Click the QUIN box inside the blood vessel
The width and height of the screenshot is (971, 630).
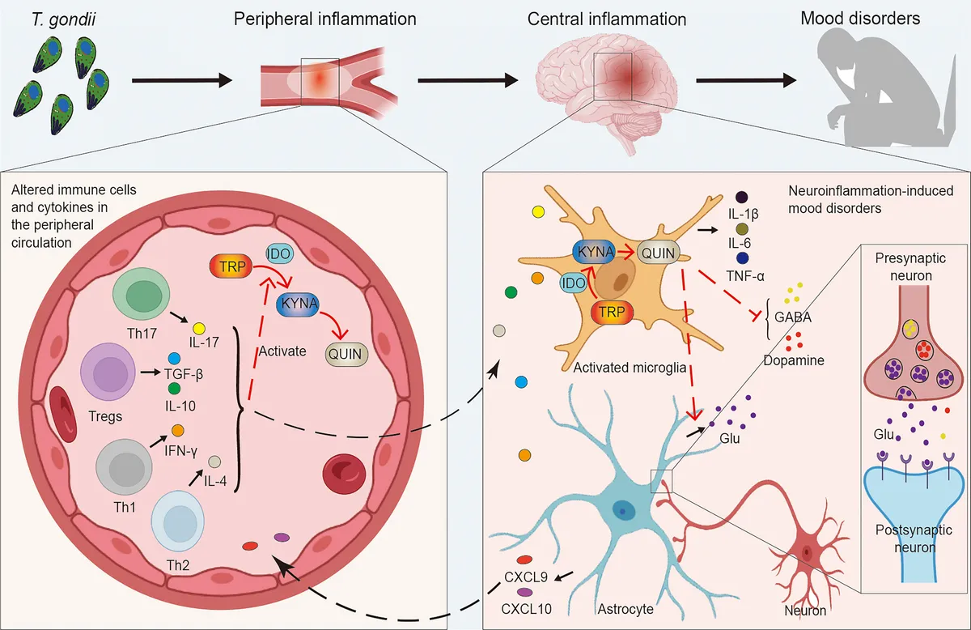(345, 353)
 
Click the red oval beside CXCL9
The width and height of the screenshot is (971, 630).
(524, 560)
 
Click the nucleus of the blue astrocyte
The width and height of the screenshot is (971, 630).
(624, 509)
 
